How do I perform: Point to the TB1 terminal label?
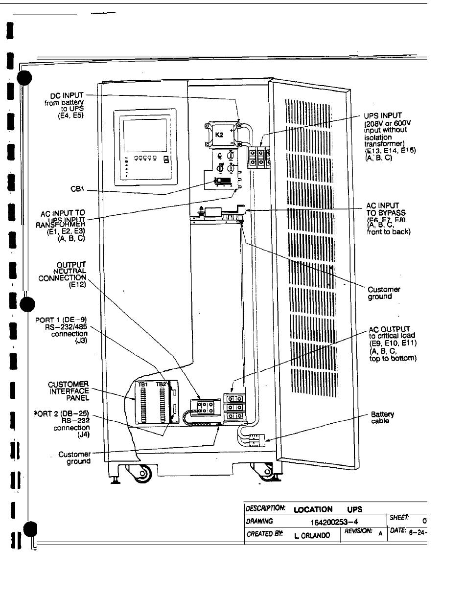(x=142, y=385)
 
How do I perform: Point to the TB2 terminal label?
(x=161, y=385)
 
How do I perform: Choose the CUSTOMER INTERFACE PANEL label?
(x=69, y=391)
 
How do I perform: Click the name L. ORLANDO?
(x=312, y=535)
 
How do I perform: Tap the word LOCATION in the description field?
(x=313, y=509)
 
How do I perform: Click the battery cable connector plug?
(x=256, y=439)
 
